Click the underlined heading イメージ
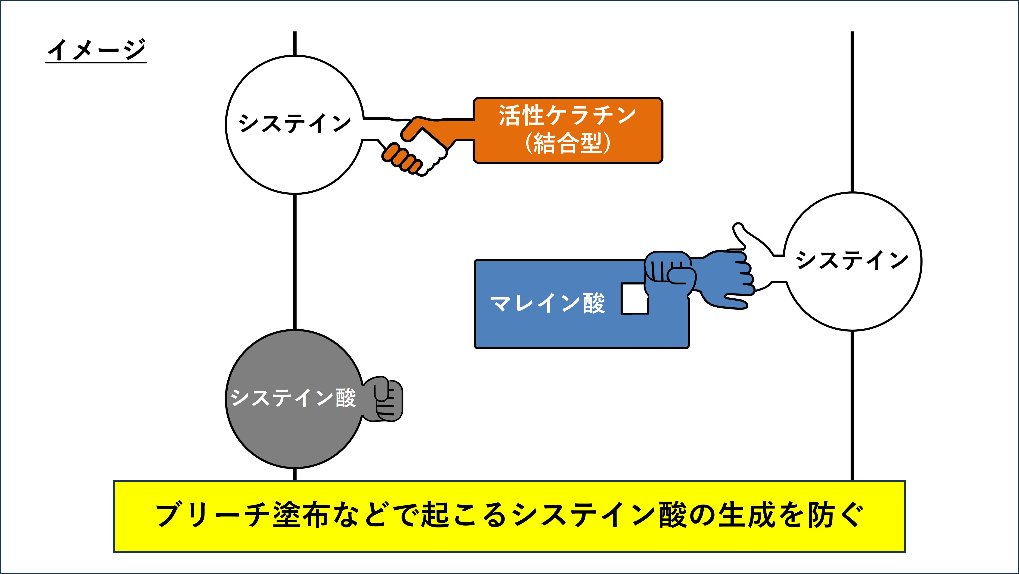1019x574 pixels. click(96, 50)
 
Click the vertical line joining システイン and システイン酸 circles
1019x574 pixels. click(295, 261)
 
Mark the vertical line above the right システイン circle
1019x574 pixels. click(852, 111)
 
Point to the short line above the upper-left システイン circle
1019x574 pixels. click(295, 43)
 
